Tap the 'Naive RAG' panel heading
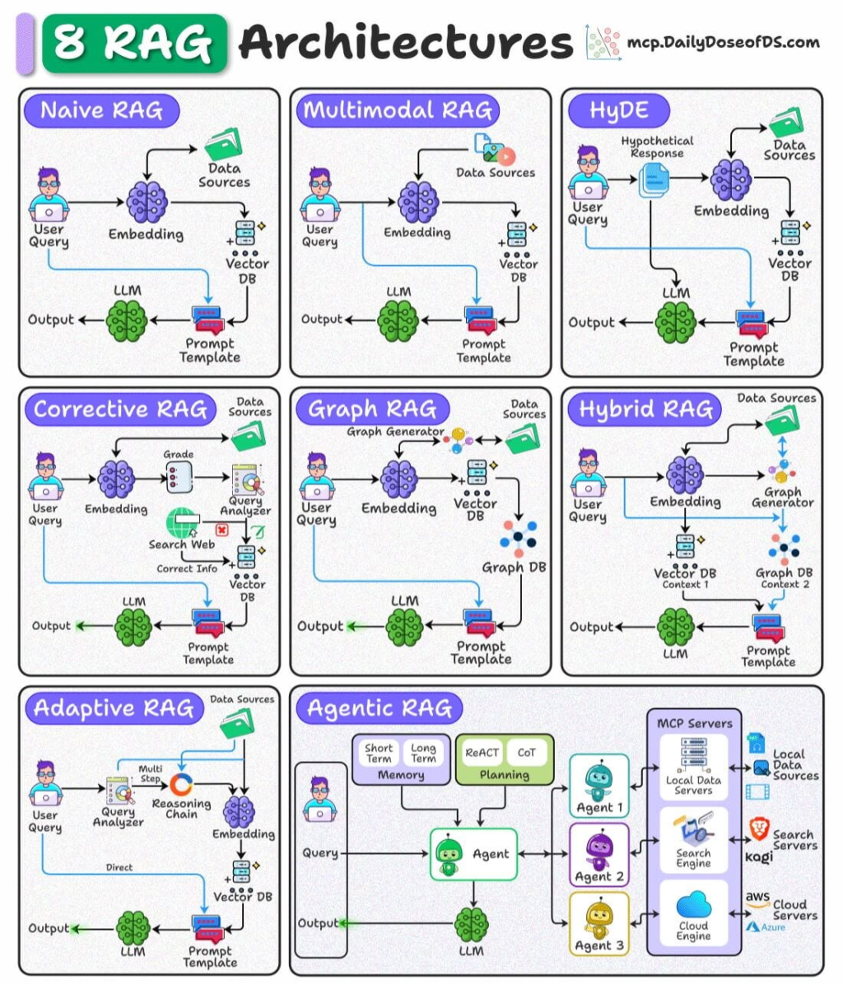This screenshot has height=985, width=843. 101,110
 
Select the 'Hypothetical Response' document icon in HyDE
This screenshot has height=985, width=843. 655,179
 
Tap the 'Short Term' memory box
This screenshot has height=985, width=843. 379,753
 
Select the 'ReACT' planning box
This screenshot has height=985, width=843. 482,752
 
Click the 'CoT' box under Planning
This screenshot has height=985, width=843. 526,752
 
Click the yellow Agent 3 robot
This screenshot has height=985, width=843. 598,918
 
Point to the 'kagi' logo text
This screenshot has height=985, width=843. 759,857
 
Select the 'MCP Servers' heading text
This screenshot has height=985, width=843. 694,723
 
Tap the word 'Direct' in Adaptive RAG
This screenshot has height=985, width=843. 119,867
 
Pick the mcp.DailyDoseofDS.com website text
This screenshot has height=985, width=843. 723,42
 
